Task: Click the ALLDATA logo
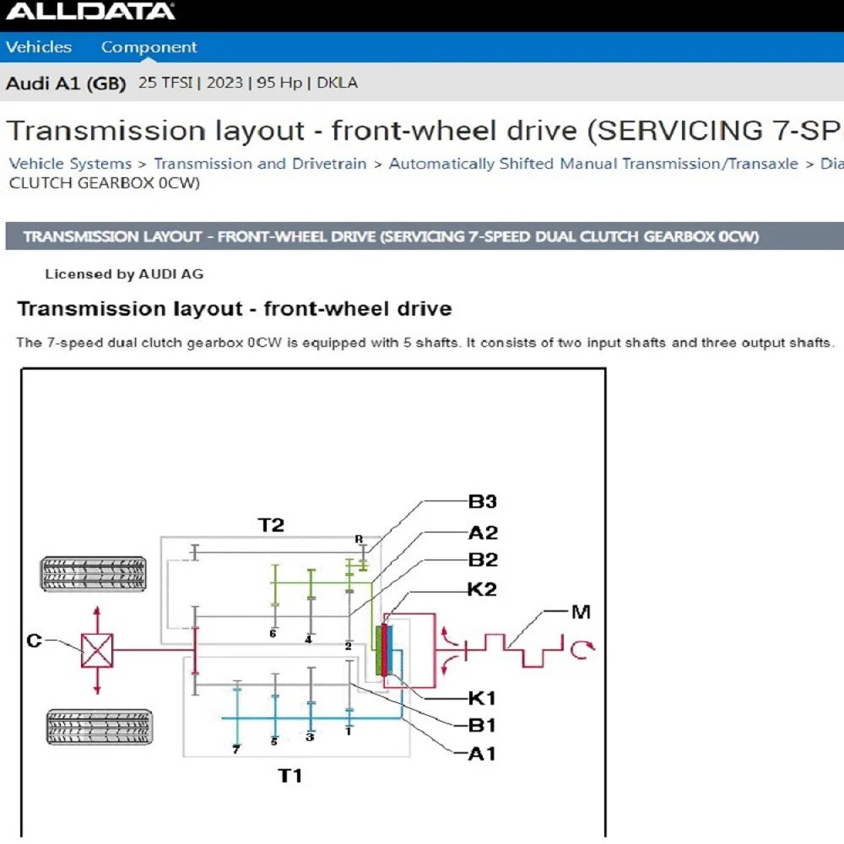[x=90, y=12]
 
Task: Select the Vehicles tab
[x=39, y=47]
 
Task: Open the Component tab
[x=149, y=47]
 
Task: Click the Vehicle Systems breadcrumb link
[x=70, y=164]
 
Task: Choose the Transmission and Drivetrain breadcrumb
[x=260, y=164]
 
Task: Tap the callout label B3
[x=483, y=502]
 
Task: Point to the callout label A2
[x=483, y=533]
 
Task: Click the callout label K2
[x=482, y=590]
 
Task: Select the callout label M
[x=581, y=612]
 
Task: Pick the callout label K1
[x=482, y=699]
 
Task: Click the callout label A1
[x=482, y=754]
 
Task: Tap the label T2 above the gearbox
[x=271, y=526]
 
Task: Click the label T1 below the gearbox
[x=290, y=776]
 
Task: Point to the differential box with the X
[x=96, y=650]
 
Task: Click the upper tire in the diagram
[x=94, y=574]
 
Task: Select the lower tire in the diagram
[x=100, y=726]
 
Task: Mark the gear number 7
[x=236, y=749]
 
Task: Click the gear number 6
[x=273, y=633]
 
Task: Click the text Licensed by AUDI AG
[x=124, y=274]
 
